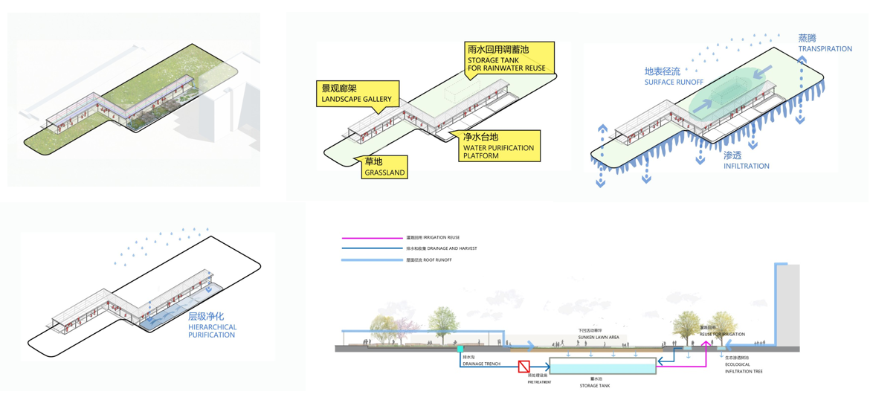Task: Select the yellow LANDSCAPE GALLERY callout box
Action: point(357,94)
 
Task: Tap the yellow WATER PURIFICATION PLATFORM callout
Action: point(497,146)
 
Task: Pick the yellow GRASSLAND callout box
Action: point(384,167)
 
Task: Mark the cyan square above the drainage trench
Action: point(461,348)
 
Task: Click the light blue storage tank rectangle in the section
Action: point(602,366)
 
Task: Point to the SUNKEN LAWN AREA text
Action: point(598,337)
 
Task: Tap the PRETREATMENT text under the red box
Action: point(539,381)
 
